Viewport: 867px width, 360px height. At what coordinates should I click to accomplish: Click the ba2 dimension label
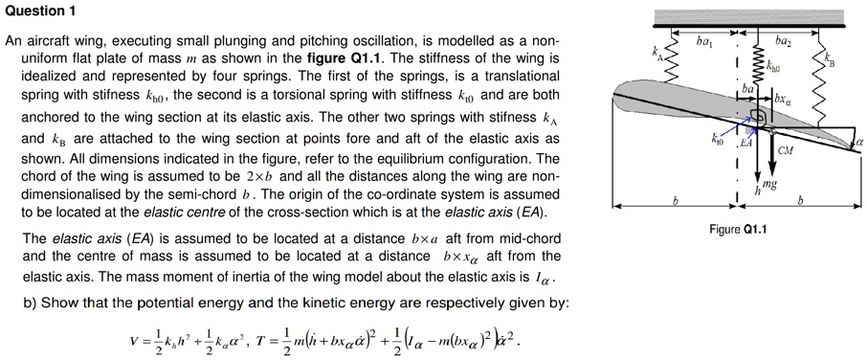(x=781, y=40)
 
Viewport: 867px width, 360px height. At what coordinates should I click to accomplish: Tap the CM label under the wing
(x=785, y=149)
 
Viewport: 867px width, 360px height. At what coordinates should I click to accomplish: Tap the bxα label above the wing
(x=783, y=98)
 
